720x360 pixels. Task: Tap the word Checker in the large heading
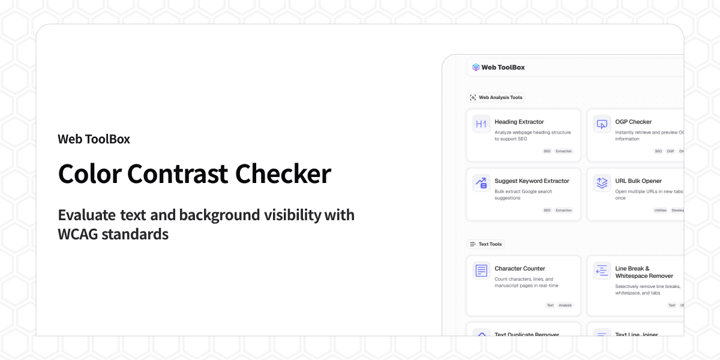tap(283, 174)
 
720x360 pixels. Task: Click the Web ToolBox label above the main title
tap(94, 139)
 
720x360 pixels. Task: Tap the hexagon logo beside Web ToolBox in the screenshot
tap(476, 67)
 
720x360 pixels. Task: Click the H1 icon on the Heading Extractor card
tap(481, 124)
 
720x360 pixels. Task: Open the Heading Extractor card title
tap(519, 122)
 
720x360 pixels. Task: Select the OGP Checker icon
tap(602, 124)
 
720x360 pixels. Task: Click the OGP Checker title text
tap(633, 122)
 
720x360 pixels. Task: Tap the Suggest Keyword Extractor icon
tap(481, 183)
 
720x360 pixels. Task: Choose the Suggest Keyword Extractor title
tap(532, 181)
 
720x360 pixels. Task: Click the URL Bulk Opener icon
tap(602, 183)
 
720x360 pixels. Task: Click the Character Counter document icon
tap(481, 271)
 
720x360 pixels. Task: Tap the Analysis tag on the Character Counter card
tap(565, 305)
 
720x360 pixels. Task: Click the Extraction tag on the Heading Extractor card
tap(563, 151)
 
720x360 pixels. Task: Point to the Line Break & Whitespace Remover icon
tap(602, 271)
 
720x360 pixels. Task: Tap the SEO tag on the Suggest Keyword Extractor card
tap(547, 211)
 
